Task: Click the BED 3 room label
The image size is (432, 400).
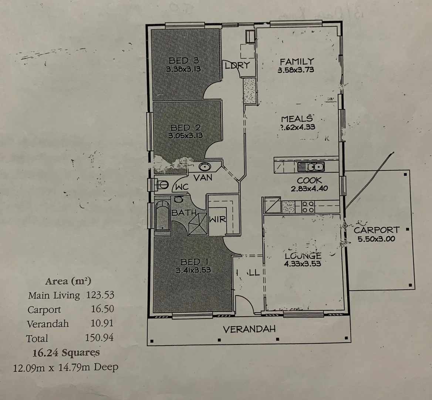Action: (184, 60)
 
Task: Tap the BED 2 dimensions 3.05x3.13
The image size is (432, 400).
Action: (185, 136)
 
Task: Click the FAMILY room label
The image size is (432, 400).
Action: (297, 61)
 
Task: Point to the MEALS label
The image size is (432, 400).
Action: (297, 119)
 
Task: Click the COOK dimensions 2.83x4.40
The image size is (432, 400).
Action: (309, 189)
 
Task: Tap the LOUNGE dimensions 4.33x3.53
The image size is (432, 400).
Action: (302, 264)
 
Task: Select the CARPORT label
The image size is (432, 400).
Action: (377, 230)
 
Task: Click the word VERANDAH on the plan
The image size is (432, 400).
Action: (249, 329)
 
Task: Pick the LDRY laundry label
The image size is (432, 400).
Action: (237, 66)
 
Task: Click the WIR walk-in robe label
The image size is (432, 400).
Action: (217, 219)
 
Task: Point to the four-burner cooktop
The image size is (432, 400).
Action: (308, 207)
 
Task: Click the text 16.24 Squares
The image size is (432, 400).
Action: (66, 352)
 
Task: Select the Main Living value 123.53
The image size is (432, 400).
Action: (100, 295)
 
